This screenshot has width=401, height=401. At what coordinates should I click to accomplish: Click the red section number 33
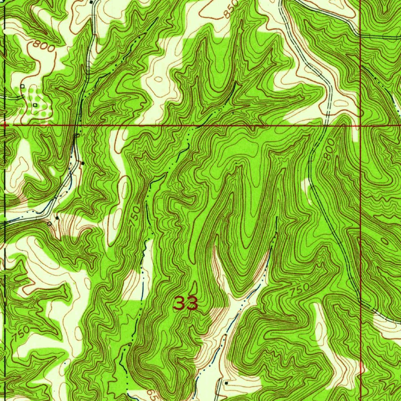point(186,303)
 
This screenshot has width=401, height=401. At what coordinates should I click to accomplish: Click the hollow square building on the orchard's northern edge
point(22,86)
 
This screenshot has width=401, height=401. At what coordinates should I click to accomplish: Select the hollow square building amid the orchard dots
point(35,105)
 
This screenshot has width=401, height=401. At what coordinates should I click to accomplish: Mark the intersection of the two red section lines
point(360,126)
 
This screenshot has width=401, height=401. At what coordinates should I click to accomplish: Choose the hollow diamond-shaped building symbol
point(49,224)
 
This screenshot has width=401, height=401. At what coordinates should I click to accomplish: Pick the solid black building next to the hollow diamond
point(57,217)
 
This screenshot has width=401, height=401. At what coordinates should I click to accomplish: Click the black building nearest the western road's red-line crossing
point(83,162)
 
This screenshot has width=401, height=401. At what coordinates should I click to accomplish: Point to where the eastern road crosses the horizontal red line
point(326,126)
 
